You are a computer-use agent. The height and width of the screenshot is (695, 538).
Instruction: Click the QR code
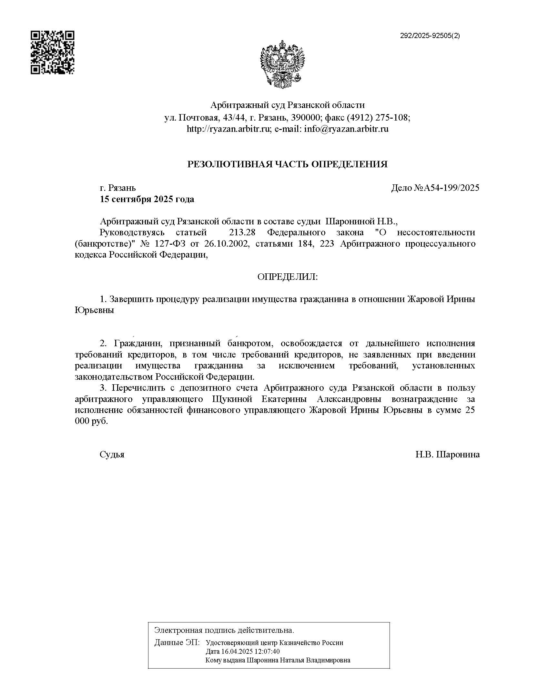[52, 53]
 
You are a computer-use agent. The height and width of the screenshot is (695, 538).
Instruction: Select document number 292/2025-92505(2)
[430, 36]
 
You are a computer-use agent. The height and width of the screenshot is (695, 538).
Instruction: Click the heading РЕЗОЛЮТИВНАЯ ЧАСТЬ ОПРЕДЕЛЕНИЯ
[287, 164]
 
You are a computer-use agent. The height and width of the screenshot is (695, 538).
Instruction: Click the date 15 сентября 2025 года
[147, 199]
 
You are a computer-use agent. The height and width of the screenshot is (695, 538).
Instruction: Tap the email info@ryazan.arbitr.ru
[346, 129]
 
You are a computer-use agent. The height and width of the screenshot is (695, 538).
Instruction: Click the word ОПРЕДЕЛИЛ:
[287, 277]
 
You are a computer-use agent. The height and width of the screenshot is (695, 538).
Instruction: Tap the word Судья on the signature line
[112, 455]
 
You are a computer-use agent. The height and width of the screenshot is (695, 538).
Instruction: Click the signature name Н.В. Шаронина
[447, 455]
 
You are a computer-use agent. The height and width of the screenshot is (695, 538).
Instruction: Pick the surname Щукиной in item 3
[232, 399]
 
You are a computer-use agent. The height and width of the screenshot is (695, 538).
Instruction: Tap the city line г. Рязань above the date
[118, 188]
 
